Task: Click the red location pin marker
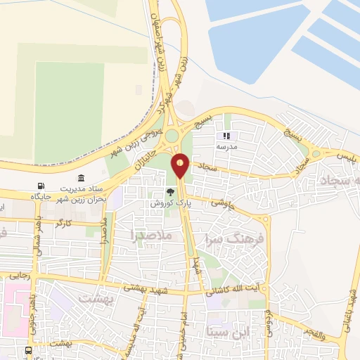(x=181, y=165)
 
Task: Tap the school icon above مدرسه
(x=226, y=136)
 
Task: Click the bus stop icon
(x=28, y=350)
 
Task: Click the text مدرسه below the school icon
(x=227, y=146)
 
